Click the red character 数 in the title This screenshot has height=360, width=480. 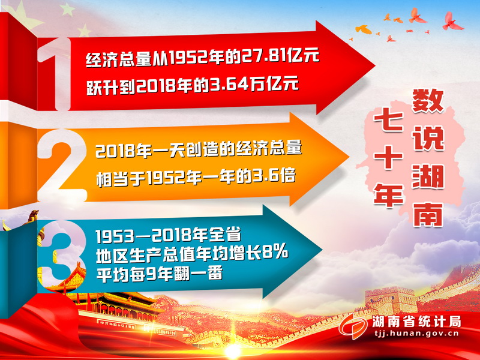(x=428, y=101)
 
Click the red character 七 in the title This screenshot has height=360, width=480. (x=388, y=122)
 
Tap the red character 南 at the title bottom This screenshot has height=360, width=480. (x=428, y=214)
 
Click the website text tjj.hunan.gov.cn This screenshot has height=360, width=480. (x=416, y=334)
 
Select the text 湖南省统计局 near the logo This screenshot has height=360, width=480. (x=416, y=322)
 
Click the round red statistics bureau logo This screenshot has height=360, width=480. (x=353, y=326)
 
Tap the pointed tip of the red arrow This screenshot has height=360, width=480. (x=374, y=67)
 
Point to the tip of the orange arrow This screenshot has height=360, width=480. (x=349, y=157)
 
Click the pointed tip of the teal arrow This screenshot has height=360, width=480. (x=322, y=250)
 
